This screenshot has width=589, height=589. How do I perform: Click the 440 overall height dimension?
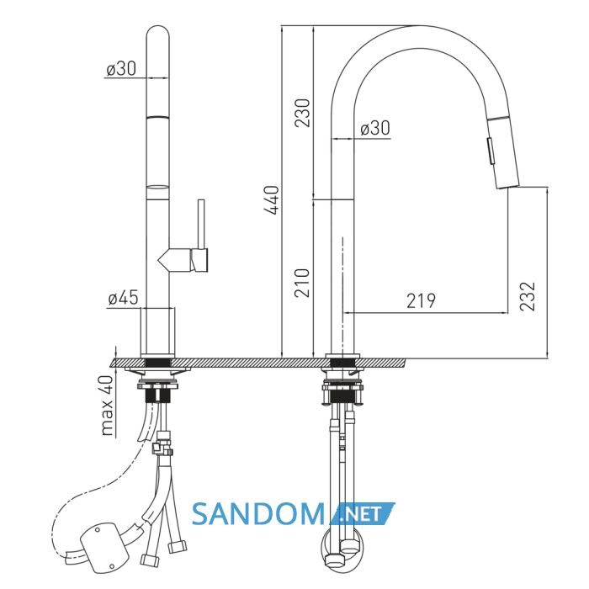272,200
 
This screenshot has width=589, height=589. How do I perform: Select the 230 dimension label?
302,113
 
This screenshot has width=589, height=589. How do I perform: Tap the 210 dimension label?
302,283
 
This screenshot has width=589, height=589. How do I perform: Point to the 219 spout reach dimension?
422,300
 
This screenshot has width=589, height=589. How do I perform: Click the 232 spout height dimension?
527,296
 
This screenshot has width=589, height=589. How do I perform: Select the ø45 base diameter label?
123,298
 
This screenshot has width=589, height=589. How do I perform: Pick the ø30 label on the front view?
121,69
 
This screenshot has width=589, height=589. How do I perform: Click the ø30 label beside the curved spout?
375,128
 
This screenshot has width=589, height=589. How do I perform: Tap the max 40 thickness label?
107,406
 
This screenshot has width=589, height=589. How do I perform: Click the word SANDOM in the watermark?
258,514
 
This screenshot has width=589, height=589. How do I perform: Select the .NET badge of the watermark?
363,513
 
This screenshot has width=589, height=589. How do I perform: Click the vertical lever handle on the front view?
201,225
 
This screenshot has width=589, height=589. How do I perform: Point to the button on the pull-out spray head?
491,151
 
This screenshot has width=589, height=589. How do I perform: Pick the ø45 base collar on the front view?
158,331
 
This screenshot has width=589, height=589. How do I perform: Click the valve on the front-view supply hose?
162,444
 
